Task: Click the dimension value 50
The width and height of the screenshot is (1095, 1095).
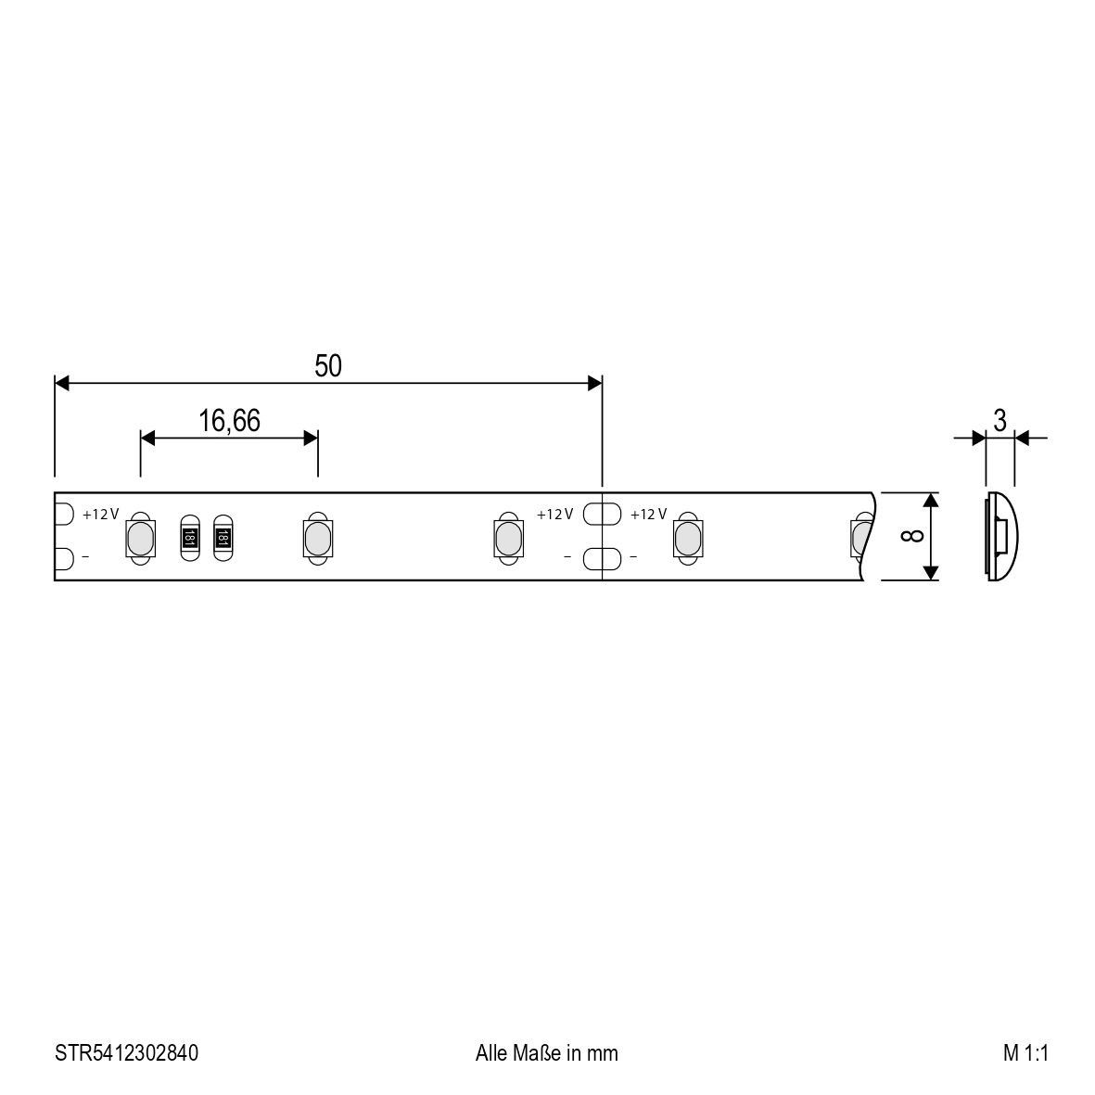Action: [328, 366]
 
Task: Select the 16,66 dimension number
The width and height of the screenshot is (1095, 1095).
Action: [229, 421]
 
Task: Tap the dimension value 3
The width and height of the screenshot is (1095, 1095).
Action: [1000, 420]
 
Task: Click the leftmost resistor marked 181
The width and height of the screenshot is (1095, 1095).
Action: [189, 537]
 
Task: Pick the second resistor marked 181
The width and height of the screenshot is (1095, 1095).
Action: [223, 537]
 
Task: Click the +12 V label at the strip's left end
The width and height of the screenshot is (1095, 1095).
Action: [100, 515]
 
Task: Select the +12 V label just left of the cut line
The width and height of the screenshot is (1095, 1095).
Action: [554, 515]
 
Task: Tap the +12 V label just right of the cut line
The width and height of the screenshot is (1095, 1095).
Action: [648, 515]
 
